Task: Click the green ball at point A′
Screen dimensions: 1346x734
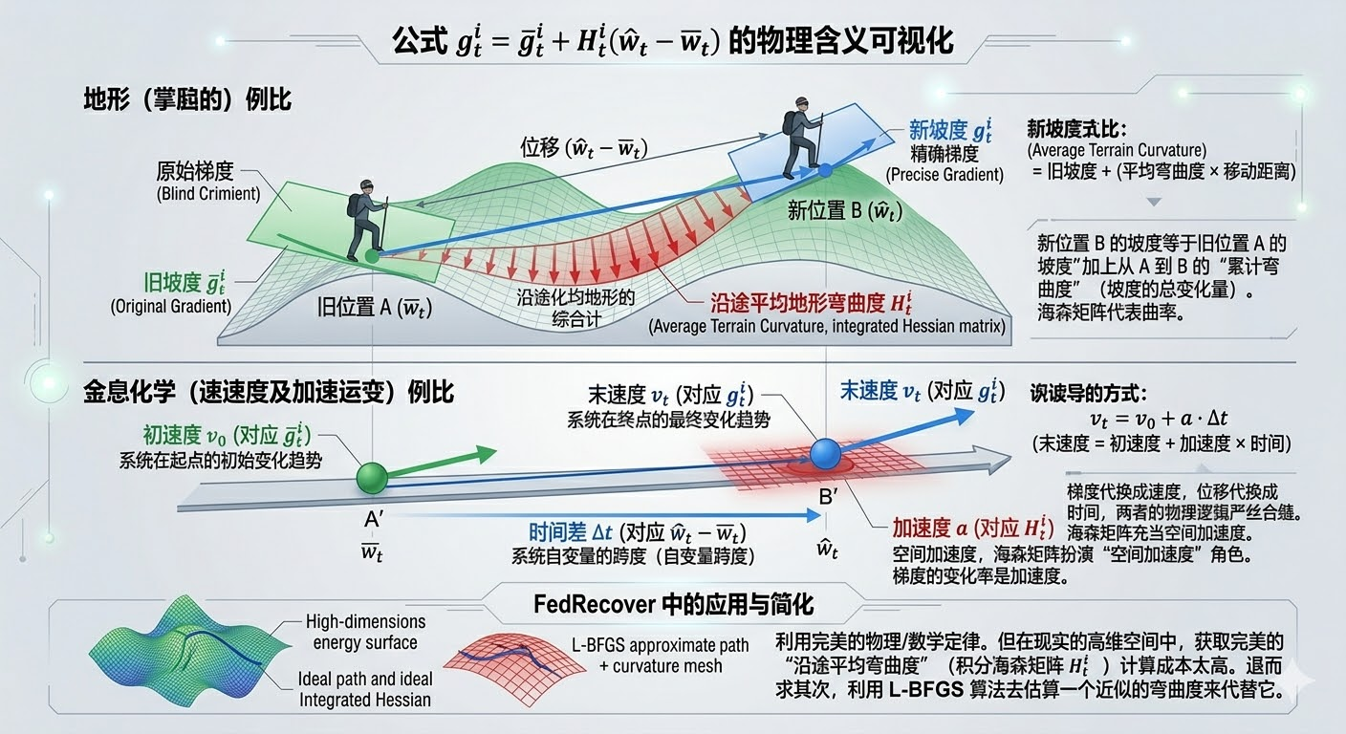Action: tap(372, 477)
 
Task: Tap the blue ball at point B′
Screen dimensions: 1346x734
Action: tap(823, 455)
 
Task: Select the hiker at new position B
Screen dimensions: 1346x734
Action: tap(800, 138)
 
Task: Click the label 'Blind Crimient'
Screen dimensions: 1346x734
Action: tap(207, 194)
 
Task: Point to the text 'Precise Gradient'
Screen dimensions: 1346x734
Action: tap(944, 174)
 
